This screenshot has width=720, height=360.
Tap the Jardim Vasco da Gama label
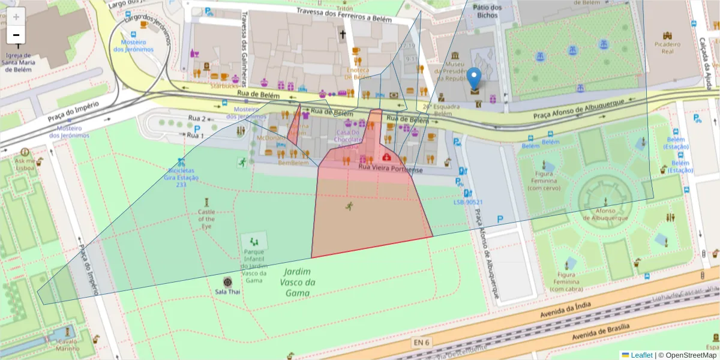(x=298, y=282)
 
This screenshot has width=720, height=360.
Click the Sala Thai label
(x=227, y=292)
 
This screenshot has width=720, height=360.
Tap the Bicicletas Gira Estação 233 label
(x=181, y=178)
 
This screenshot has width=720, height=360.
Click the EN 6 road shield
(x=422, y=343)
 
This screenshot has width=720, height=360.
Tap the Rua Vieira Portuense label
(x=391, y=170)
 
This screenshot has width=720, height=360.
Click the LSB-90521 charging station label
(x=468, y=202)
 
